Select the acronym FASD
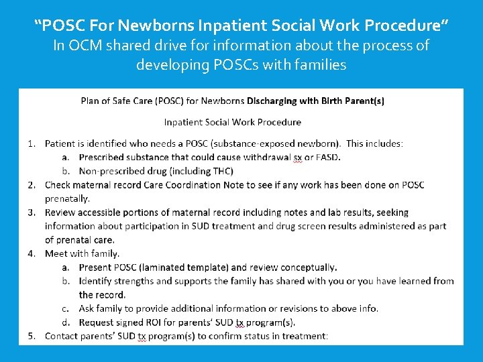click(x=327, y=158)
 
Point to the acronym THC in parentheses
click(x=219, y=171)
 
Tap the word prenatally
click(x=67, y=198)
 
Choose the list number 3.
click(x=32, y=213)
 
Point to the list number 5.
click(x=32, y=336)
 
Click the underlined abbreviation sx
click(x=298, y=158)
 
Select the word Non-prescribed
click(x=111, y=171)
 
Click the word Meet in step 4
click(x=56, y=253)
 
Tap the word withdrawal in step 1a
click(x=268, y=158)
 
